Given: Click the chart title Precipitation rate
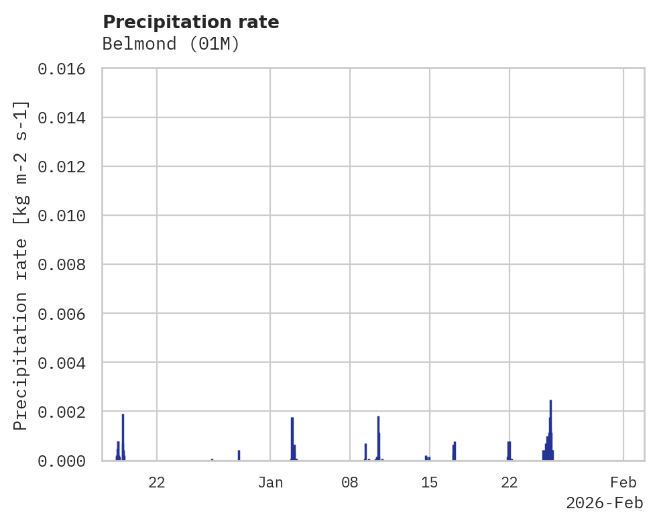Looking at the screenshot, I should [191, 22].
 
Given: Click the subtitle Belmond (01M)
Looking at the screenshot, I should [171, 44].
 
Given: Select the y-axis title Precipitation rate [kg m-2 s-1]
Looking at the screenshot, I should [21, 266].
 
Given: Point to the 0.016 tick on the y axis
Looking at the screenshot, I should [66, 69].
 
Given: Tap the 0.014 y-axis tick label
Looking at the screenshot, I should [66, 118].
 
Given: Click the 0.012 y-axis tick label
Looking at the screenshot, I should [66, 167].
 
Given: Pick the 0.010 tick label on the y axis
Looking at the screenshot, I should [66, 216].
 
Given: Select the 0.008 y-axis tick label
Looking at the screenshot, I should [66, 265].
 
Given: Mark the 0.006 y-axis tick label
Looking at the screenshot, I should [66, 314].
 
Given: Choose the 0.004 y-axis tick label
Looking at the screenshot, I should [66, 363].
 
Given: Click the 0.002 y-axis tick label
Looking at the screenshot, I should [66, 412].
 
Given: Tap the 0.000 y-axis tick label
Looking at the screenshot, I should [66, 461].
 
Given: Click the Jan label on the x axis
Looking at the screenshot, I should [270, 482].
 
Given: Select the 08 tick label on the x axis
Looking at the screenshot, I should [350, 482].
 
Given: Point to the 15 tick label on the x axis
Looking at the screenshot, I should [430, 482].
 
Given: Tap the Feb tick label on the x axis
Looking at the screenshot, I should [623, 482].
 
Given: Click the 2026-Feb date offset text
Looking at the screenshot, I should [604, 503].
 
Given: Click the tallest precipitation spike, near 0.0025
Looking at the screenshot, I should [550, 429].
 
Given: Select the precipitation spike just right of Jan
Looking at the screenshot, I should [292, 439].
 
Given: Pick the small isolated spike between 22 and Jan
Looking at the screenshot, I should [239, 455].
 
